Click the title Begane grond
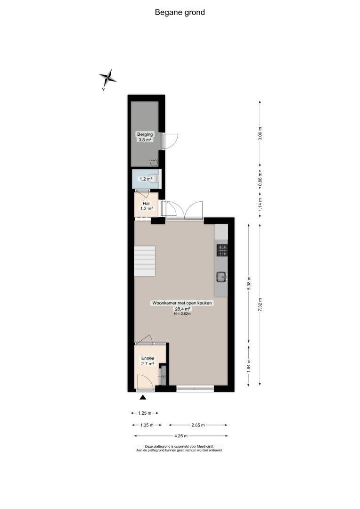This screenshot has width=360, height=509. (x=180, y=12)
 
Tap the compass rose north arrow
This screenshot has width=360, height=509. (x=108, y=78)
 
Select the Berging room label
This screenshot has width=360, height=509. (x=145, y=134)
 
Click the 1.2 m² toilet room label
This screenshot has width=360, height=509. (x=146, y=179)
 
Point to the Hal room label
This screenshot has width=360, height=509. (x=146, y=204)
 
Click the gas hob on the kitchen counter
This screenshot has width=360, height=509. (x=222, y=250)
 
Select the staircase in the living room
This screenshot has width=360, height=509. (x=145, y=261)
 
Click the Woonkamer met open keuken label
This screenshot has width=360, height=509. (x=182, y=303)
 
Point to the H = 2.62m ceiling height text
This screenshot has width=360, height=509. (x=182, y=314)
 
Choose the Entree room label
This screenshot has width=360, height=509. (x=147, y=358)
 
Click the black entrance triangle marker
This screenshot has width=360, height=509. (x=143, y=397)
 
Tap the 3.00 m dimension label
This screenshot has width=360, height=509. (x=260, y=133)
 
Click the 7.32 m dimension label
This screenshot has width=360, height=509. (x=260, y=305)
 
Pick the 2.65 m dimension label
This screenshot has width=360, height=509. (x=198, y=425)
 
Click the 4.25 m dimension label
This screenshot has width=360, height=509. (x=181, y=436)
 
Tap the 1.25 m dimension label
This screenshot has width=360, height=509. (x=145, y=413)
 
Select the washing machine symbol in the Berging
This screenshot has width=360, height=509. (x=154, y=163)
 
